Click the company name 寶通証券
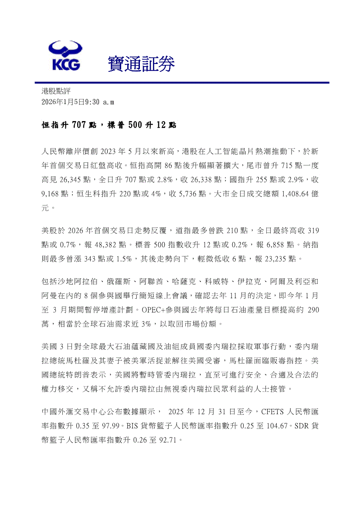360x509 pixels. (x=141, y=65)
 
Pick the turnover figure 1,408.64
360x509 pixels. (x=286, y=193)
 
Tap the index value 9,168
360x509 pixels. (x=52, y=193)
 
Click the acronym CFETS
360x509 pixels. (x=273, y=411)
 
